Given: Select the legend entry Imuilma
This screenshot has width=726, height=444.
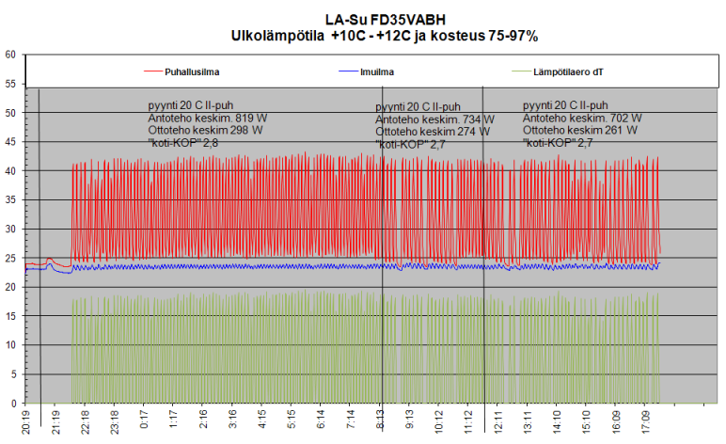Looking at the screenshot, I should pos(376,71).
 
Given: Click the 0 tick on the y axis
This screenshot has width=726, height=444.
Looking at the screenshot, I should pos(12,404).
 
